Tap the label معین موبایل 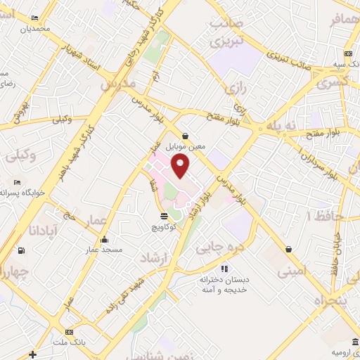tap(185, 147)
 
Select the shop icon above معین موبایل tap(185, 136)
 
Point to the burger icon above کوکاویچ tap(164, 217)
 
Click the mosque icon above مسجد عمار tap(105, 239)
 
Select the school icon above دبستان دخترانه tap(224, 268)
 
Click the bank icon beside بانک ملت tap(68, 332)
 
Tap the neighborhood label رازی tap(234, 88)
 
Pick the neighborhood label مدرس tap(117, 84)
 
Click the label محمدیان tap(35, 30)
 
